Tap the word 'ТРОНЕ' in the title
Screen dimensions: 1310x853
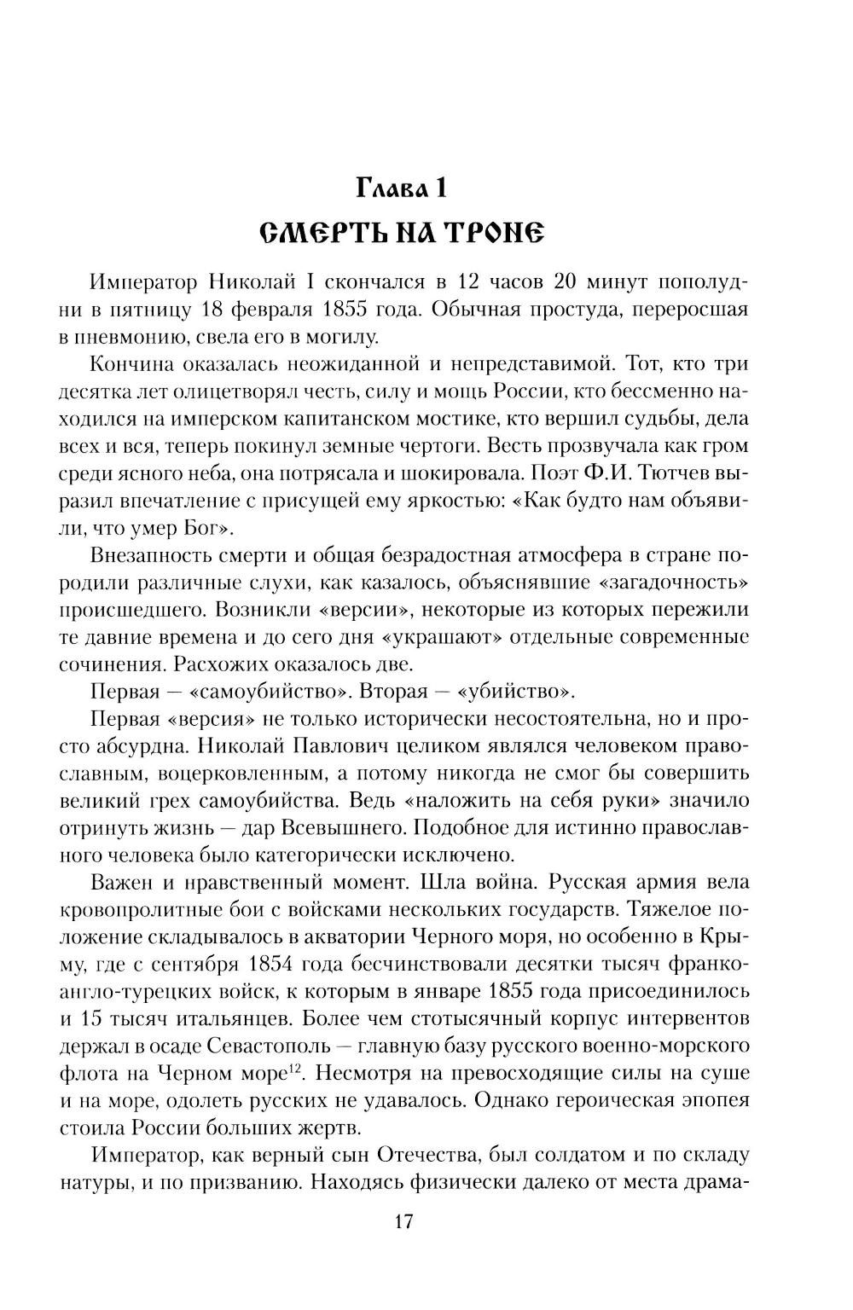click(484, 230)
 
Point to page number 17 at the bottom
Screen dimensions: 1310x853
click(404, 1221)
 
